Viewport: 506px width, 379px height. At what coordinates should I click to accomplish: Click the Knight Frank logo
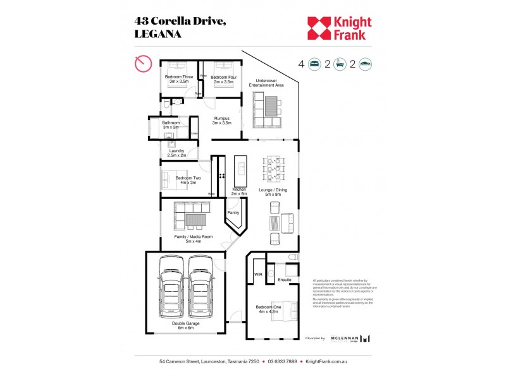(x=339, y=28)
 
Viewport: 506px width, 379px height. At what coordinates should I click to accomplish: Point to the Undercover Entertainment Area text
(x=269, y=83)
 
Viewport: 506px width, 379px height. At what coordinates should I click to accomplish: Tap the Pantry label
(x=233, y=214)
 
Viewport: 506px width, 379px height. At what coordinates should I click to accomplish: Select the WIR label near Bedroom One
(x=258, y=274)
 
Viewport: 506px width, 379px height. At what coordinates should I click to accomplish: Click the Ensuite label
(x=285, y=279)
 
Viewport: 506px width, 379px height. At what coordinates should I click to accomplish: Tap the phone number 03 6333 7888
(x=282, y=362)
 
